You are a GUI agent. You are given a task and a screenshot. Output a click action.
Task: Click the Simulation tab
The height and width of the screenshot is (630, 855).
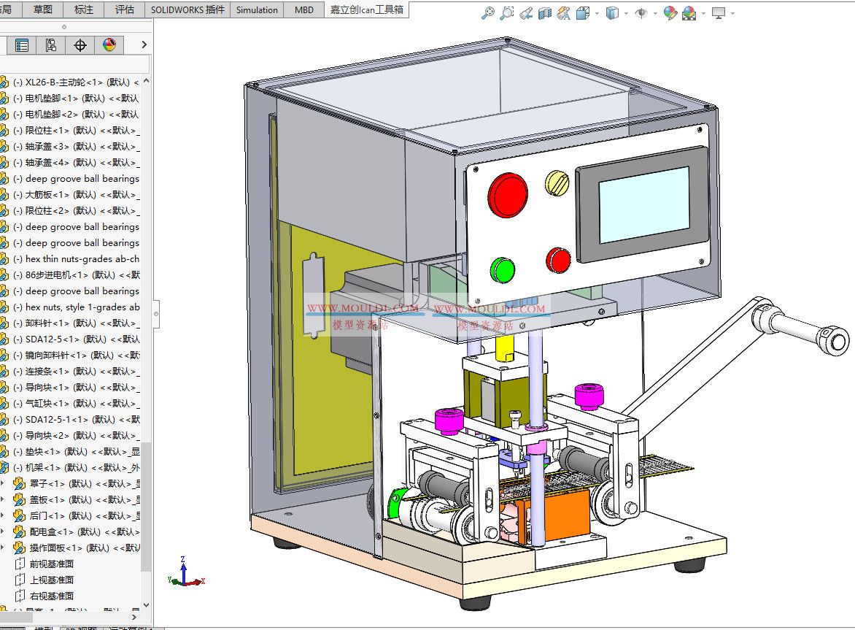click(x=257, y=9)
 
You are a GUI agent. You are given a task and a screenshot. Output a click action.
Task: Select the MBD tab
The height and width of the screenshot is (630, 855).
click(x=304, y=9)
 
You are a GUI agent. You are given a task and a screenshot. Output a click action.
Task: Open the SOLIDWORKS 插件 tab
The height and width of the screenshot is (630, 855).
click(x=188, y=9)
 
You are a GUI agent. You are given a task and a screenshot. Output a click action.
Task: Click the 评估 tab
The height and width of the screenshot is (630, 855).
click(x=125, y=9)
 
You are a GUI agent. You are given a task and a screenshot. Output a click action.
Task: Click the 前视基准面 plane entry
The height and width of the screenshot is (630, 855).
click(x=51, y=564)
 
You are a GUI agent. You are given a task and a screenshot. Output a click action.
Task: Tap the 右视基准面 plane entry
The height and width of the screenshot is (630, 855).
click(x=51, y=596)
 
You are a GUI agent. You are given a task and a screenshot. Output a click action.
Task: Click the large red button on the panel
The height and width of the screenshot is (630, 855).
click(x=508, y=195)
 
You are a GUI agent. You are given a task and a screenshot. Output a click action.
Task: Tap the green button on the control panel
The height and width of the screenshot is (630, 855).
click(x=503, y=269)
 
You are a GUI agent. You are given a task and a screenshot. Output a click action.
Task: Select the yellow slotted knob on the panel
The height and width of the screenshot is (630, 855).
click(x=557, y=183)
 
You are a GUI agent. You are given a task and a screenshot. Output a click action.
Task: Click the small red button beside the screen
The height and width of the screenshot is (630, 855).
click(x=559, y=260)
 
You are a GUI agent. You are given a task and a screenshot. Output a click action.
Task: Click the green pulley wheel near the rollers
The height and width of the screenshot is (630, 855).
click(x=401, y=505)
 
